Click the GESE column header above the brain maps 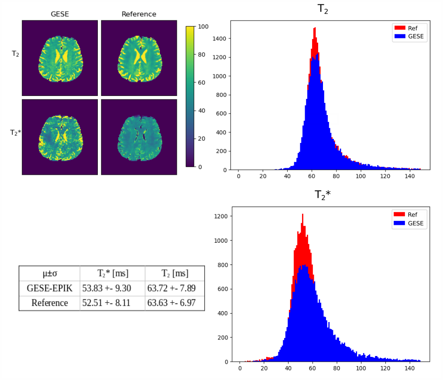(60, 14)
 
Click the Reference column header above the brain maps (139, 14)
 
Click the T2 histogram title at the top (323, 9)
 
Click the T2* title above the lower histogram (323, 195)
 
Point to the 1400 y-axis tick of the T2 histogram (219, 39)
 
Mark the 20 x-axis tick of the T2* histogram (264, 368)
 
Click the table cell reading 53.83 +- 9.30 (112, 288)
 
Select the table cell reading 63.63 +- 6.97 (174, 302)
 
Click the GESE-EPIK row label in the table (49, 288)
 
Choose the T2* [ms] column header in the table (112, 274)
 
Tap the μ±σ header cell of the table (49, 274)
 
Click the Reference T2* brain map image (139, 137)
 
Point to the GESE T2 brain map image (60, 58)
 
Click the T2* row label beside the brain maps (15, 132)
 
